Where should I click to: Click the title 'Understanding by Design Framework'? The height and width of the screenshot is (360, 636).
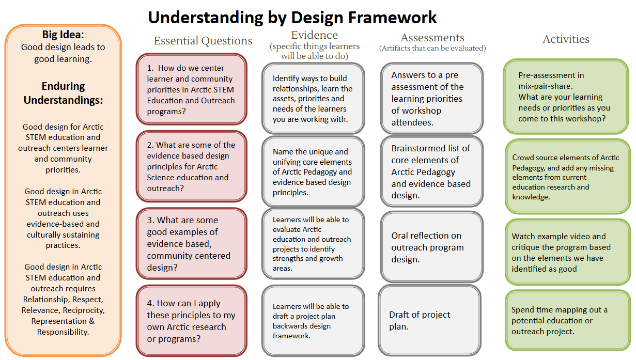(292, 18)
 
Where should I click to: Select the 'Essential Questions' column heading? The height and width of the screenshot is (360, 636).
(203, 41)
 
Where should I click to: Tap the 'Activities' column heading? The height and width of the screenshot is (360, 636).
(566, 39)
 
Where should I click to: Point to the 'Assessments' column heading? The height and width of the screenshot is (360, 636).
(432, 38)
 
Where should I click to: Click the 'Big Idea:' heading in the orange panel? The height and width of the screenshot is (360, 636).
(63, 35)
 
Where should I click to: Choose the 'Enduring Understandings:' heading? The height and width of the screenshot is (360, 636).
(63, 93)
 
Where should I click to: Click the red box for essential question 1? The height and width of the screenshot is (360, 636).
(191, 89)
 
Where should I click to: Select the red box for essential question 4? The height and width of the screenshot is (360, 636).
(191, 321)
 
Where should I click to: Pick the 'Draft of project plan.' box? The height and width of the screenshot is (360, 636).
(429, 320)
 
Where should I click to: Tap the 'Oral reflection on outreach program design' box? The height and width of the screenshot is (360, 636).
(432, 247)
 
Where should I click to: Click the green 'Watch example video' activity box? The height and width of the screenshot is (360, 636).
(568, 252)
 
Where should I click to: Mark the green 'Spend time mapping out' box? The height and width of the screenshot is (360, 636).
(568, 320)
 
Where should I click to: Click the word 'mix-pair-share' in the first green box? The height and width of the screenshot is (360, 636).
(546, 86)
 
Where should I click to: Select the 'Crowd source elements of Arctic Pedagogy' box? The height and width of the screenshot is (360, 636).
(568, 176)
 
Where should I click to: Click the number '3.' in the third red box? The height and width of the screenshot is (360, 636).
(151, 220)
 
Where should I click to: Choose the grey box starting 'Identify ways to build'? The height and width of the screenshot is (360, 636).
(313, 98)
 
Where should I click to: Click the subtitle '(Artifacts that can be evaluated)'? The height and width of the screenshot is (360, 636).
(432, 48)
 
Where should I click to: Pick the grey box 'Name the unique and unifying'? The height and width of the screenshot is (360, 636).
(313, 171)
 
